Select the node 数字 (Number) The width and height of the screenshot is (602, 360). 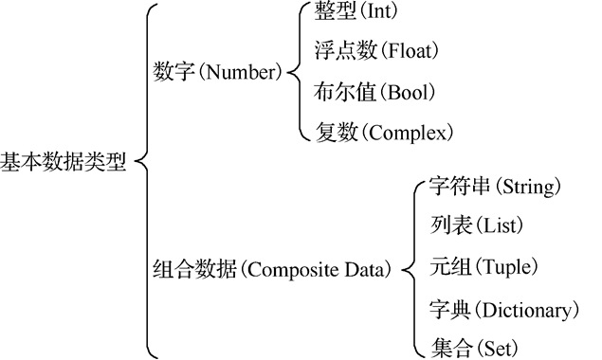coord(217,71)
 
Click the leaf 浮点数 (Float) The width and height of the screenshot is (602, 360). coord(376,51)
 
